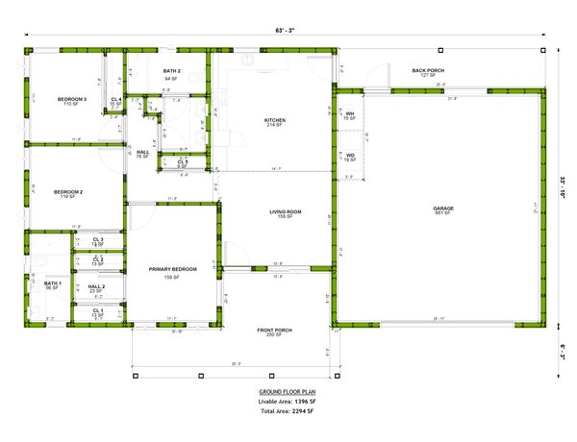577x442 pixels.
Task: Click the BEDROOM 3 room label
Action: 72,99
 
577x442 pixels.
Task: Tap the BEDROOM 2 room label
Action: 68,191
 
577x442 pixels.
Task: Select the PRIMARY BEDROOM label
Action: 173,269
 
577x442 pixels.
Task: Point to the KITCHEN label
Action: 276,120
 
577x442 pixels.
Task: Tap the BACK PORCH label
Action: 428,70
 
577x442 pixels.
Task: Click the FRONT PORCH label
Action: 274,331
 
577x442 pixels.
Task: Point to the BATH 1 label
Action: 53,283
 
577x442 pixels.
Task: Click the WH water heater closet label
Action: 350,114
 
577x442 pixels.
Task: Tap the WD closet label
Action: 350,155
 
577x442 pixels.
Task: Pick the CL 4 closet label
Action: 115,99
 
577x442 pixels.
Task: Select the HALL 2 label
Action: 97,286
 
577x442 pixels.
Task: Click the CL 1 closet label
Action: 98,310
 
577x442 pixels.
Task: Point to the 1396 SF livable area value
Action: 306,402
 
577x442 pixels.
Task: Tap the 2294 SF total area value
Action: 301,411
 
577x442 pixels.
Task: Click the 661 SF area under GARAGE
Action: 443,213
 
